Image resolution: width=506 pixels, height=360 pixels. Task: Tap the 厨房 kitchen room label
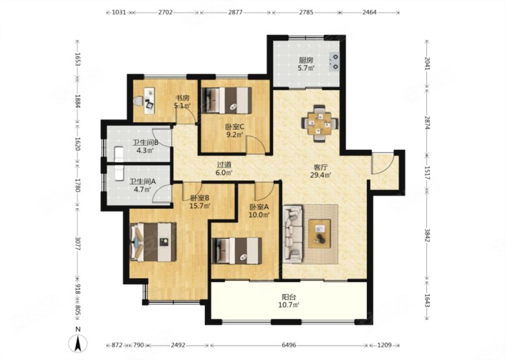306,60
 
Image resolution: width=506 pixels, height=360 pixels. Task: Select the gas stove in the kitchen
334,61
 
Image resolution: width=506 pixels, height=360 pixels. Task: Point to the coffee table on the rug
319,233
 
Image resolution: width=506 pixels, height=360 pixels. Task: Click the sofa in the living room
293,233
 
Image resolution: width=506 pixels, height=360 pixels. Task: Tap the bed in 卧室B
153,242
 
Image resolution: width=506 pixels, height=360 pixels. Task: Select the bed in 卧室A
237,251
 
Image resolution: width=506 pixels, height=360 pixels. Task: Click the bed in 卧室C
226,101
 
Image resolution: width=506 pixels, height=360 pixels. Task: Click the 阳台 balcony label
289,297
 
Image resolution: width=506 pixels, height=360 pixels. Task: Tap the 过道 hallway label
224,165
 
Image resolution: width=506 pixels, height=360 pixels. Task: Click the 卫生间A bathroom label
142,182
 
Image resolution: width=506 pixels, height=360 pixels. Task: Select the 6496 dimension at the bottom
289,345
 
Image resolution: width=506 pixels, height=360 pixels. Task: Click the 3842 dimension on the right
427,237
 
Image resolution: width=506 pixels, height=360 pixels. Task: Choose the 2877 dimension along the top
235,13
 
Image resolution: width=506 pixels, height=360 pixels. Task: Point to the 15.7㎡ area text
200,206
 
